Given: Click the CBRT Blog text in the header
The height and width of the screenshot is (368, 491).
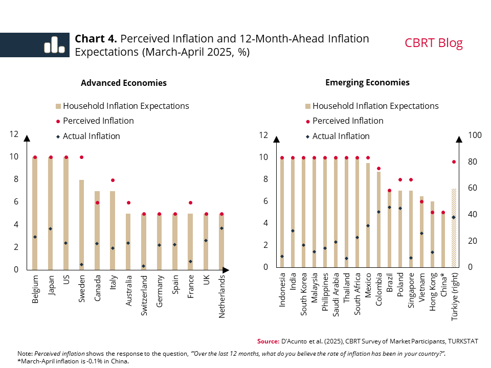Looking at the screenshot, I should point(434,43).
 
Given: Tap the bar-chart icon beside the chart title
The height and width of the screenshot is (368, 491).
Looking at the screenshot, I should point(54,45).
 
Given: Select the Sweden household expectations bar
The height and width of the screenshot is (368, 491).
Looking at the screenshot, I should point(82,225).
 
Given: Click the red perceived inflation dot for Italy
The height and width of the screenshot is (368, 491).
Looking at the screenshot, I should point(113,180).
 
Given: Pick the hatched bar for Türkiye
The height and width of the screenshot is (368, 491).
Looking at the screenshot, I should point(454,228).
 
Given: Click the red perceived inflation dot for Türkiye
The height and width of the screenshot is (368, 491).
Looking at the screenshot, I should point(454,162).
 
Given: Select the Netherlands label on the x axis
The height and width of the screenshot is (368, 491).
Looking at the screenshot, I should point(222,297).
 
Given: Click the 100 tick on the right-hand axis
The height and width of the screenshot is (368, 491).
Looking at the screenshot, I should point(476,135).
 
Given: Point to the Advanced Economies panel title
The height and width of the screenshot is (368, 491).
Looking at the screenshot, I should point(124,83).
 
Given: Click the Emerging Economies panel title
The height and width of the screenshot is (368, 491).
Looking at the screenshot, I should point(367,82).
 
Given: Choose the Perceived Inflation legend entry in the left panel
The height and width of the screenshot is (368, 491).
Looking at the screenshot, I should point(98,121).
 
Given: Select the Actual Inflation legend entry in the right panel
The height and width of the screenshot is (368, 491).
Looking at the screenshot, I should point(341,136).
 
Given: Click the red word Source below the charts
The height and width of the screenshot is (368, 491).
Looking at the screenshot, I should point(267,341).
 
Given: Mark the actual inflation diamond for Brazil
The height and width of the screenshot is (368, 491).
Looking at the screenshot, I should point(389,207).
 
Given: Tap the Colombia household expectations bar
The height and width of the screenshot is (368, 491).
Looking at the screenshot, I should point(378,219).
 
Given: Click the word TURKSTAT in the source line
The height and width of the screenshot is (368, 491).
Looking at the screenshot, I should point(460,341).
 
